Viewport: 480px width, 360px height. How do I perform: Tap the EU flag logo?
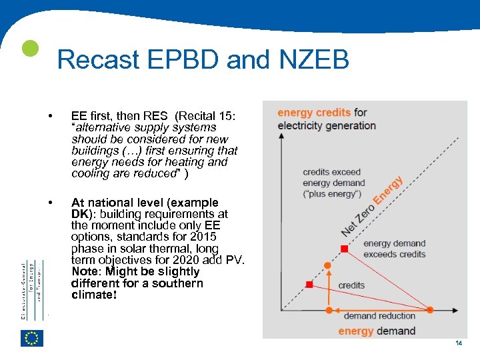coord(32,338)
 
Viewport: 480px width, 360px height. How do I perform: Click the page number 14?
coord(458,343)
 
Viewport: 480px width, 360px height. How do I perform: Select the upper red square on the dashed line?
coord(344,249)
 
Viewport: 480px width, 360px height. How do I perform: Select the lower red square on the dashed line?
coord(309,285)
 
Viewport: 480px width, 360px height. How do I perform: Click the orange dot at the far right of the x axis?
coord(430,310)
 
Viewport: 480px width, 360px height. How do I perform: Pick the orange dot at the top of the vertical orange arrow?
coord(328,265)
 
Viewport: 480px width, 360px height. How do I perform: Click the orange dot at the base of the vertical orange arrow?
coord(328,310)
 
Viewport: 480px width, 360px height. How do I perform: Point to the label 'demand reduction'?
coord(379,316)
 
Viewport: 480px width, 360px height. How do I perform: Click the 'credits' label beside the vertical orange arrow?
coord(351,285)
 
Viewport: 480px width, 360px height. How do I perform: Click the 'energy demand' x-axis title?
coord(377,331)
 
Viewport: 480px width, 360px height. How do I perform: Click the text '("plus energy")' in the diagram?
coord(331,194)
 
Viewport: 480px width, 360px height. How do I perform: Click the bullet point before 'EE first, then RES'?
coord(51,117)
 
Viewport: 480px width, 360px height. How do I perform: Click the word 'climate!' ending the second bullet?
coord(94,294)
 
